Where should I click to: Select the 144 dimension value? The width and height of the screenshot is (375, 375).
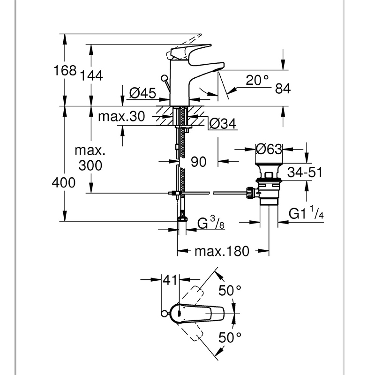pos(92,75)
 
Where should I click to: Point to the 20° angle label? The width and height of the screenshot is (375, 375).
pos(258,80)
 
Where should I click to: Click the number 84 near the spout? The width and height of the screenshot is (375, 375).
pos(284,88)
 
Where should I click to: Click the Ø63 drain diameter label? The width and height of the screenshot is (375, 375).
pos(269,150)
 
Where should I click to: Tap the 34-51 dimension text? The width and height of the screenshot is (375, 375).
pos(305,172)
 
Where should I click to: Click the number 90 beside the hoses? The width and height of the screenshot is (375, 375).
pos(199,162)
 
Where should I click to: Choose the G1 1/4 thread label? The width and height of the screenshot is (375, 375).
pos(306,214)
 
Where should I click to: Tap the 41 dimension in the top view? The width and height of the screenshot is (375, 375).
pos(169,280)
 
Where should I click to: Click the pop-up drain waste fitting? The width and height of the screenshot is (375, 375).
pos(268,187)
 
